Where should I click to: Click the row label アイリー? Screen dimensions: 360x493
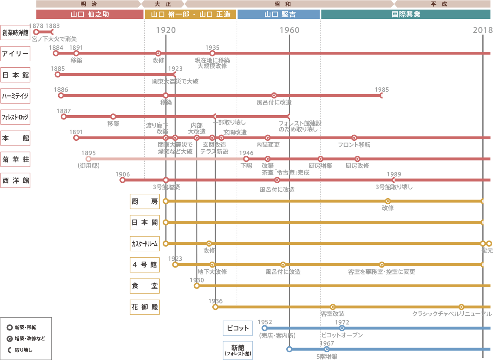tap(15, 54)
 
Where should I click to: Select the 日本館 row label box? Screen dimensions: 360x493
tap(15, 75)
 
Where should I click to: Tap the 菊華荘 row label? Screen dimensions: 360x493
tap(15, 159)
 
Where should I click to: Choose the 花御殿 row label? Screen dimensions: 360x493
tap(145, 307)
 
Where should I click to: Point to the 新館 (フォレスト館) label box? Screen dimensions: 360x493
tap(238, 350)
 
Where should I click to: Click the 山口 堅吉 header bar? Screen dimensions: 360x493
tap(279, 14)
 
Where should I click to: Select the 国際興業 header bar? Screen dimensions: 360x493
tap(406, 14)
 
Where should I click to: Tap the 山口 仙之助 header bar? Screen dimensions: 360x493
tap(90, 14)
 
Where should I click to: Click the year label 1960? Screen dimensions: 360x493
tap(289, 30)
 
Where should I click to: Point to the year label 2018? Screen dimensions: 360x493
tap(482, 30)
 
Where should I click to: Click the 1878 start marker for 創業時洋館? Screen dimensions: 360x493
tap(36, 32)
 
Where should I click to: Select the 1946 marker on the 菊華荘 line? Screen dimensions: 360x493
tap(246, 159)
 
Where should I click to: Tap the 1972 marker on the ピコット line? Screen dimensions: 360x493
tap(342, 328)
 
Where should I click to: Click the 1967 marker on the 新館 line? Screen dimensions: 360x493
tap(327, 349)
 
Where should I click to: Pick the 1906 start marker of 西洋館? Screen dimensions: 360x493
tap(122, 180)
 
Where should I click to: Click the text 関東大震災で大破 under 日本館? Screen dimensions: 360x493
tap(175, 81)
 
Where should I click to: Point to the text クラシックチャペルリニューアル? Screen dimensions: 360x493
tap(451, 314)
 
